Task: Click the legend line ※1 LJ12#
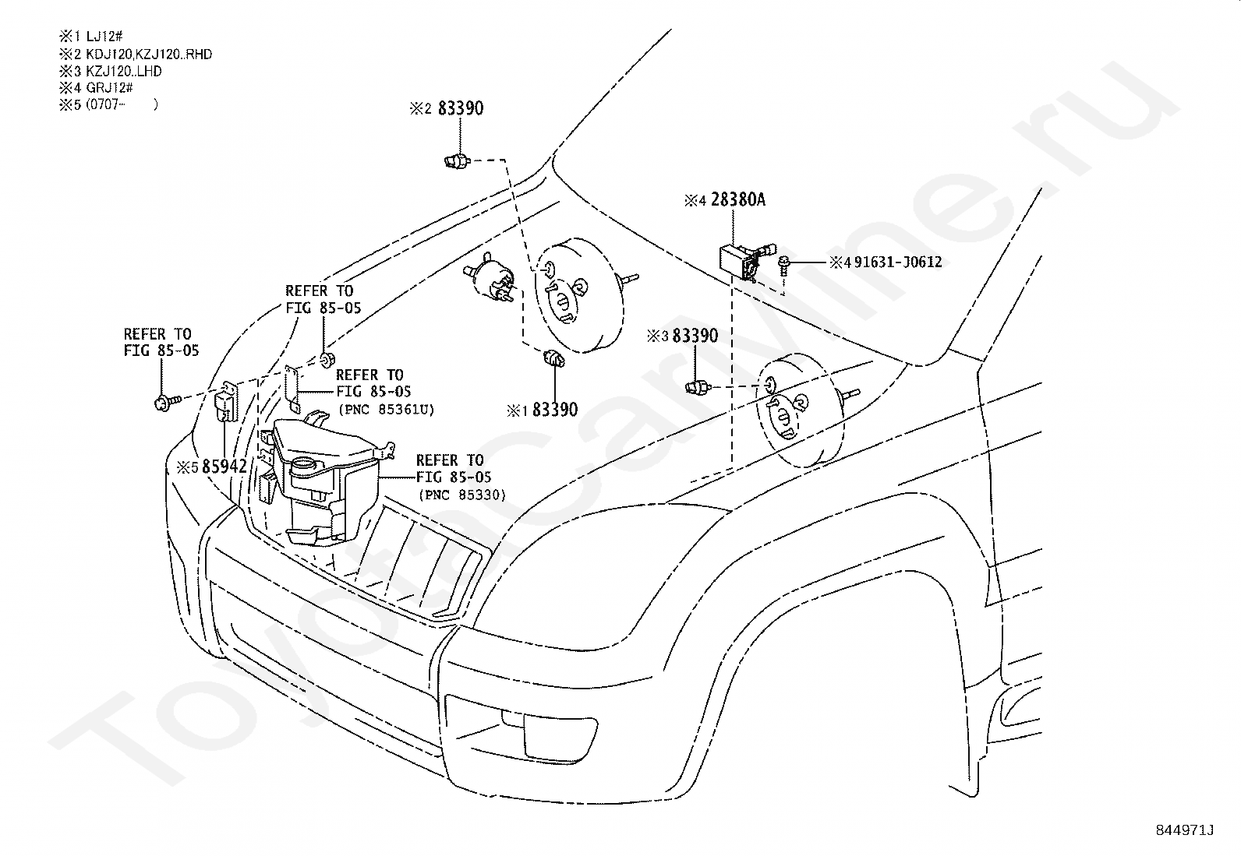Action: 93,38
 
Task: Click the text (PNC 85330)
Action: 461,495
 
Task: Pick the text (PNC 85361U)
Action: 385,408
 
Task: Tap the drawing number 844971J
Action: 1184,830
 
